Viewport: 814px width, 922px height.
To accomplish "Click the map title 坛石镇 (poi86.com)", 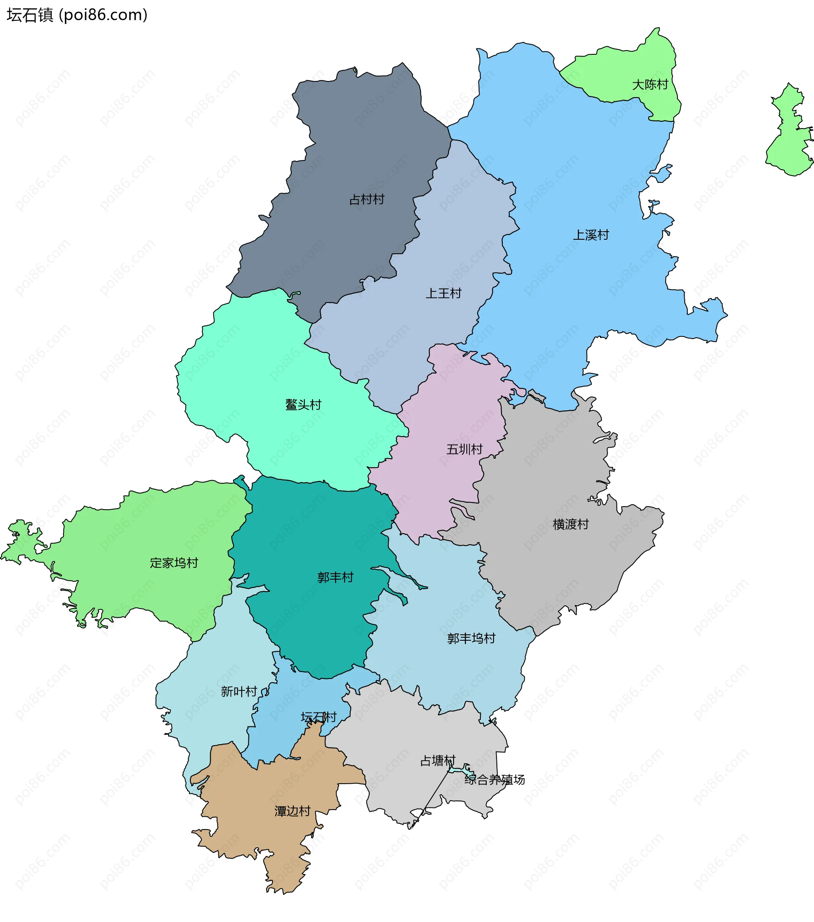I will coord(77,15).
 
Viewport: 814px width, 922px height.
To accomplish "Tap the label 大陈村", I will coord(650,85).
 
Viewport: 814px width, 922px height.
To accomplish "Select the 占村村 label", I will coord(367,199).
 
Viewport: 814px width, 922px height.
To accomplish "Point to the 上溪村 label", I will coord(591,235).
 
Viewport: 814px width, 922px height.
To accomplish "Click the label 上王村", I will coord(444,294).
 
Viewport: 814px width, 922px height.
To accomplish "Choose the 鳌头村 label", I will coord(303,405).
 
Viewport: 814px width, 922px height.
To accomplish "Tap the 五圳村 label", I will coord(464,449).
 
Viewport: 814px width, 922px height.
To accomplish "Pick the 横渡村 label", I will coord(571,524).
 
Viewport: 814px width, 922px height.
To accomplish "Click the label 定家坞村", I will coord(174,563).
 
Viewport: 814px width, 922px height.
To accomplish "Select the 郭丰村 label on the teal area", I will coord(335,577).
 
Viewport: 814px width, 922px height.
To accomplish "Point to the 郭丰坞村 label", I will coord(471,638).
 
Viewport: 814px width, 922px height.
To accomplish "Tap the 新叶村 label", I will coord(239,692).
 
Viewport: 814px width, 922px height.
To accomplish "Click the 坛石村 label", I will coord(319,717).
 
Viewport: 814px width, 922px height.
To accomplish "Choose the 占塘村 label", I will coord(438,761).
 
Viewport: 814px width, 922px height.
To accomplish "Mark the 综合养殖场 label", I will coord(494,780).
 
